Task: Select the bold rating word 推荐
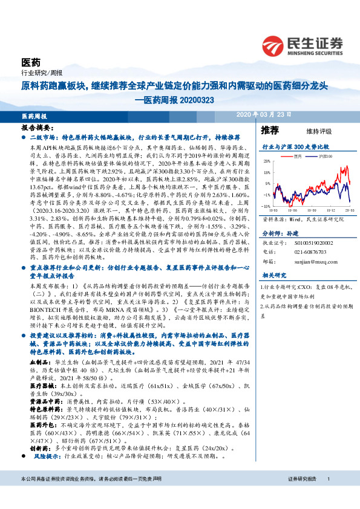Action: pos(270,130)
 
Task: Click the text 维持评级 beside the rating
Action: pos(310,131)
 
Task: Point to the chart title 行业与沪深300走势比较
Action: pos(295,147)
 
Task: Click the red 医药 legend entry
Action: pos(297,155)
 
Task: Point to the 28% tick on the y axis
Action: pos(267,161)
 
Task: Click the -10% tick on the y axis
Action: pos(267,195)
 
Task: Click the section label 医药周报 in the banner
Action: pos(33,115)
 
